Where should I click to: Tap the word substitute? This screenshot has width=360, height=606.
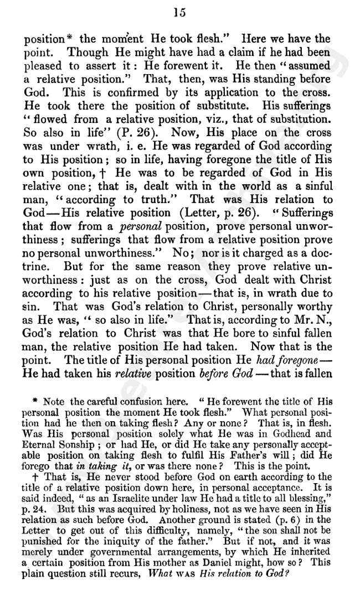[217, 105]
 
